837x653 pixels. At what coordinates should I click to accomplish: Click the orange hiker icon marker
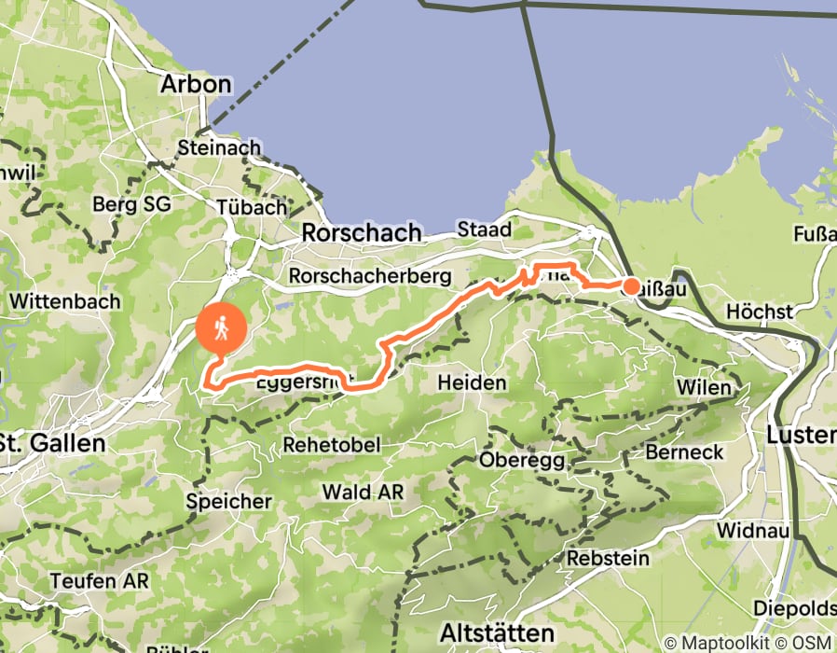pyautogui.click(x=222, y=329)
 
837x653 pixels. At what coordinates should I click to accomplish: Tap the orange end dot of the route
pyautogui.click(x=631, y=286)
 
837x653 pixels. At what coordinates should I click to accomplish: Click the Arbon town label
pyautogui.click(x=196, y=84)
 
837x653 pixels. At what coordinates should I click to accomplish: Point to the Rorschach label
pyautogui.click(x=362, y=233)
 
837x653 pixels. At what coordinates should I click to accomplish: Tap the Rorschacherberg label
pyautogui.click(x=370, y=276)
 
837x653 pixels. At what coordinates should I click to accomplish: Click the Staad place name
pyautogui.click(x=484, y=229)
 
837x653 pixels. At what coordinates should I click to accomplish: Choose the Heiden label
pyautogui.click(x=473, y=382)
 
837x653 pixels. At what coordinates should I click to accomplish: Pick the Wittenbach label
pyautogui.click(x=65, y=301)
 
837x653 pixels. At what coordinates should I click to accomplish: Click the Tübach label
pyautogui.click(x=251, y=207)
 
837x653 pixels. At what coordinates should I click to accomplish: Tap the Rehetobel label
pyautogui.click(x=333, y=445)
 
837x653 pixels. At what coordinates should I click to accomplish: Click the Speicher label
pyautogui.click(x=228, y=501)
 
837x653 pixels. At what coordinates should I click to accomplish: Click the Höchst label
pyautogui.click(x=758, y=311)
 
